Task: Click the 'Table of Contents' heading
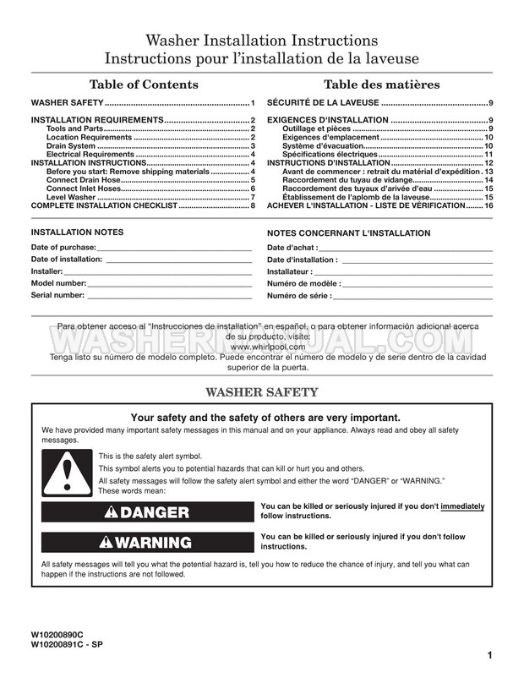tap(144, 85)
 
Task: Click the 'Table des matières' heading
tap(381, 85)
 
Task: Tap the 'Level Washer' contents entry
tap(70, 197)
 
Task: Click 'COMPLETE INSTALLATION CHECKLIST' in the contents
tap(104, 205)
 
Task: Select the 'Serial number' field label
tap(57, 295)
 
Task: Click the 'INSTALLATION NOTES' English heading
tap(77, 232)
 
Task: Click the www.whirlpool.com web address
tap(261, 347)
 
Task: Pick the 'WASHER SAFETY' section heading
tap(262, 392)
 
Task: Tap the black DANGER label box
tap(147, 512)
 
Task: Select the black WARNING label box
tap(147, 542)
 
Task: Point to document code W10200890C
tap(63, 634)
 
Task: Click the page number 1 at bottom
tap(490, 655)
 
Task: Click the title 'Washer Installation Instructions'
tap(261, 41)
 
